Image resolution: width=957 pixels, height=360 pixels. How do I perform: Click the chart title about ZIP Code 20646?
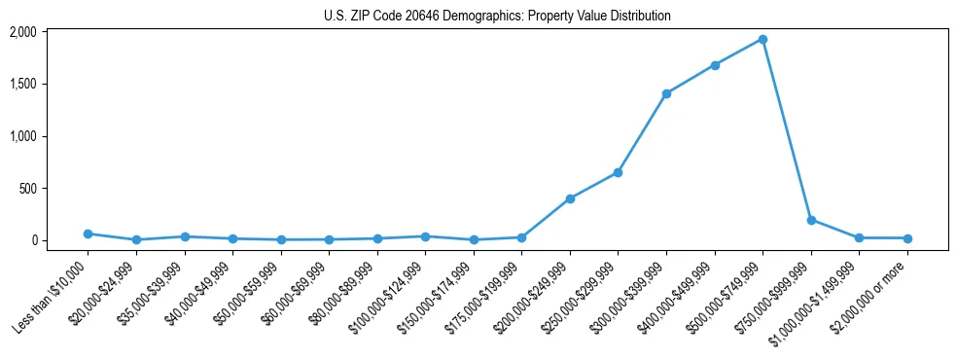pos(497,17)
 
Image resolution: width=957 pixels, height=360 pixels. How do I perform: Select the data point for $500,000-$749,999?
pos(762,40)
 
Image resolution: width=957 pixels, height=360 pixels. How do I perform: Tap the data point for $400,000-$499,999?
pos(715,65)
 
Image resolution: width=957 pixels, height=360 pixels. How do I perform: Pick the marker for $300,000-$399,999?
pos(666,93)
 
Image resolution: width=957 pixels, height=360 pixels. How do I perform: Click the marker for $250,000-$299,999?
pos(618,172)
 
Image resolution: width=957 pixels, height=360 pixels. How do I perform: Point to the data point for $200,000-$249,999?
pos(570,198)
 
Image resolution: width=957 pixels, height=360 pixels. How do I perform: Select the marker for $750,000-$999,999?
pos(811,220)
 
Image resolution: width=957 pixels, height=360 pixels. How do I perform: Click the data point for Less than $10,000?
pos(89,234)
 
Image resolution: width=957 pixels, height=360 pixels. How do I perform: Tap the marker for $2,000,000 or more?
pos(907,238)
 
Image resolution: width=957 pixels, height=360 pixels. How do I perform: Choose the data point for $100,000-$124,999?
pos(425,236)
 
